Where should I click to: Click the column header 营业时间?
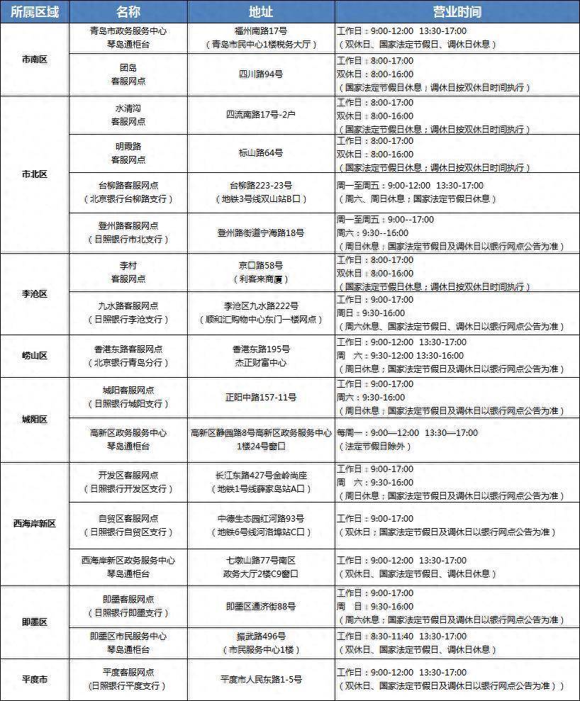coord(457,12)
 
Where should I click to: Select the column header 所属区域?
coord(33,12)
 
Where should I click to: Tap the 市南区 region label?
coord(34,60)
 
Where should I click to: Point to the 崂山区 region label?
coord(34,355)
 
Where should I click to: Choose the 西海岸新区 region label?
coord(34,524)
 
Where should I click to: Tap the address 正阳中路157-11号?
coord(261,398)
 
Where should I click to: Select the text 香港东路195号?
coord(261,349)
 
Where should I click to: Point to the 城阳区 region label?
coord(34,419)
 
